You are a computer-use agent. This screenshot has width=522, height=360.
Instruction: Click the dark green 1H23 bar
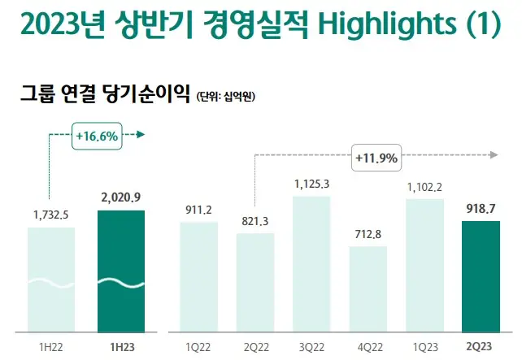[120, 271]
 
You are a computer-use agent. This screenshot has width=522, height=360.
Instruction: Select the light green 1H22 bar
[50, 279]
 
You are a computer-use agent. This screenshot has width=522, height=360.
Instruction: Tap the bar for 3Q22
[311, 263]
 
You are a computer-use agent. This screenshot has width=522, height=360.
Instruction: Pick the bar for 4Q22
[368, 288]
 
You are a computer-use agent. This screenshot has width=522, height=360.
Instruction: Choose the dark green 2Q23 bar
[481, 276]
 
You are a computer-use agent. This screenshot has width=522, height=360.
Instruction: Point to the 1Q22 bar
[198, 276]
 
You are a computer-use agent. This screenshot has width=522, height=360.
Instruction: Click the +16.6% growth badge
[96, 136]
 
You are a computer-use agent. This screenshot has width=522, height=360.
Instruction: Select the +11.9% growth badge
[376, 158]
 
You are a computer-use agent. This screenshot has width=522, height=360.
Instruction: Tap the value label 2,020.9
[120, 197]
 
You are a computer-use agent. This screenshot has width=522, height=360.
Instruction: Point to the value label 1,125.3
[311, 184]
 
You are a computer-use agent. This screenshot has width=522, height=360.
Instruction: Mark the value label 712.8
[368, 234]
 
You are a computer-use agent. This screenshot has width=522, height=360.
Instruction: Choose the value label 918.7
[481, 209]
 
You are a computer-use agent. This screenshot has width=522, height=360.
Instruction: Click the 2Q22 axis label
[254, 346]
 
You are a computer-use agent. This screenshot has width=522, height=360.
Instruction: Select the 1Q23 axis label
[424, 346]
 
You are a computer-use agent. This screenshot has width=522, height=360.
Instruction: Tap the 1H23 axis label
[120, 346]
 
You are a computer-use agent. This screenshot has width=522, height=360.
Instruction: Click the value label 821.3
[254, 221]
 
